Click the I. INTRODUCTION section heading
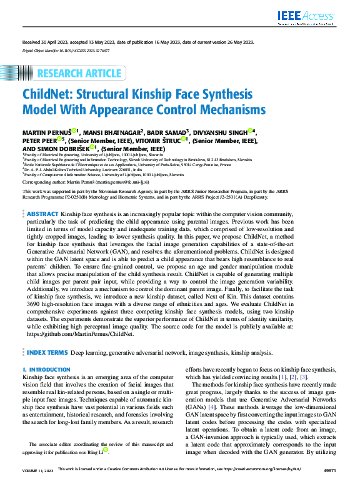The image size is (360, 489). (x=46, y=370)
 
